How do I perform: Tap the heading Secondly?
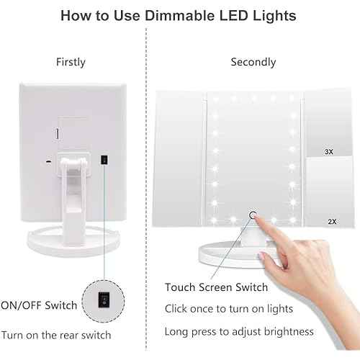[253, 62]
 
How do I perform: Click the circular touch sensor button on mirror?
[253, 214]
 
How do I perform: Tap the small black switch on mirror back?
[104, 159]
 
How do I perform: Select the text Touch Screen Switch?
[216, 287]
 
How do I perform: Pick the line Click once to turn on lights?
[228, 309]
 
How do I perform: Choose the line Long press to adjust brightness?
[238, 331]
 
